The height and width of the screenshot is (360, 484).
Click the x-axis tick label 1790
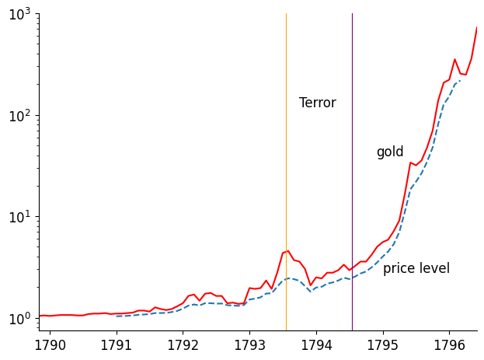tap(50, 344)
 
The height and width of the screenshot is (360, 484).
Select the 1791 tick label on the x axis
tap(117, 344)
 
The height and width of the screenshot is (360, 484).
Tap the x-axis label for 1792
tap(183, 344)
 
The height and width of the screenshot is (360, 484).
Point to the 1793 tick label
tap(249, 344)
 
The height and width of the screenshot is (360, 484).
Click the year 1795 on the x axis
tap(382, 344)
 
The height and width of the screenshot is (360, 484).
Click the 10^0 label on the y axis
tap(19, 317)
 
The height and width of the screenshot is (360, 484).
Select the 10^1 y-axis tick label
tap(19, 216)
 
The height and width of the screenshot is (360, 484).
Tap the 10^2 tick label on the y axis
tap(19, 115)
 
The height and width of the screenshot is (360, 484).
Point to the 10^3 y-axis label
tap(19, 14)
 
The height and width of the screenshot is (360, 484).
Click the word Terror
tap(317, 103)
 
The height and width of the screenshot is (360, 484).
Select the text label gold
tap(390, 152)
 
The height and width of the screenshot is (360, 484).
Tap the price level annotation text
tap(416, 268)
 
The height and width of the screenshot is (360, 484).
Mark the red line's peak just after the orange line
tap(288, 250)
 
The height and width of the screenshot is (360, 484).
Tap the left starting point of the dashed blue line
tap(117, 316)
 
